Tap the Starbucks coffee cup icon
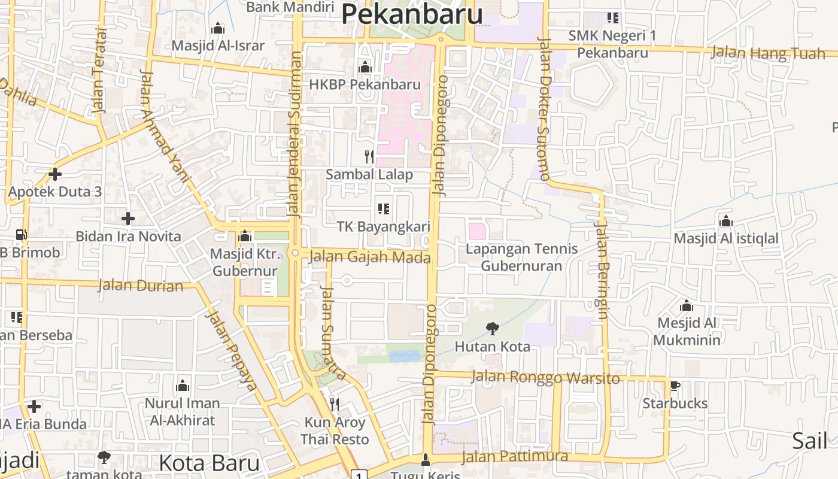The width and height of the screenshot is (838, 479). click(x=675, y=386)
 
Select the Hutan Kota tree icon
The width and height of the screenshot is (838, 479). click(x=492, y=328)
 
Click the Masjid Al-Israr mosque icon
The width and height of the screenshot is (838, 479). click(x=217, y=28)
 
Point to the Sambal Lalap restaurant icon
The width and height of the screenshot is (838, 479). click(x=369, y=157)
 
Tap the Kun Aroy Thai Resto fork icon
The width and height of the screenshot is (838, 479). click(x=334, y=405)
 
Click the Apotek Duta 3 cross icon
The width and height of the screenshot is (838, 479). click(x=55, y=174)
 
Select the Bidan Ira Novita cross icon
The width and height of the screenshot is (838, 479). click(x=127, y=219)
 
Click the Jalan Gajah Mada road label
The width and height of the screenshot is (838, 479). click(x=370, y=257)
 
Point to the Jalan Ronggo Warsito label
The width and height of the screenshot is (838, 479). click(x=545, y=378)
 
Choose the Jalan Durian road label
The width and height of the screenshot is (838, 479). click(x=141, y=285)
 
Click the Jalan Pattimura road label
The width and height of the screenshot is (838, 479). click(x=515, y=456)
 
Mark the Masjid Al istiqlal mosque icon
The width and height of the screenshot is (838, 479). click(x=726, y=221)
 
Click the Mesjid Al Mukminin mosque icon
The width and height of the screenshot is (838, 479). click(x=687, y=305)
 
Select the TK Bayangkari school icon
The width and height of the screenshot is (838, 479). click(x=384, y=209)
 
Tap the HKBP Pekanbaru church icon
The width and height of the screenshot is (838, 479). click(x=365, y=67)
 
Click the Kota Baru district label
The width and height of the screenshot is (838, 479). click(x=209, y=463)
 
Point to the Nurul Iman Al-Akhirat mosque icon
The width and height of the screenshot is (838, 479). click(x=183, y=385)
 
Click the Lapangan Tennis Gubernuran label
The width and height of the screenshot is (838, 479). click(x=521, y=257)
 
